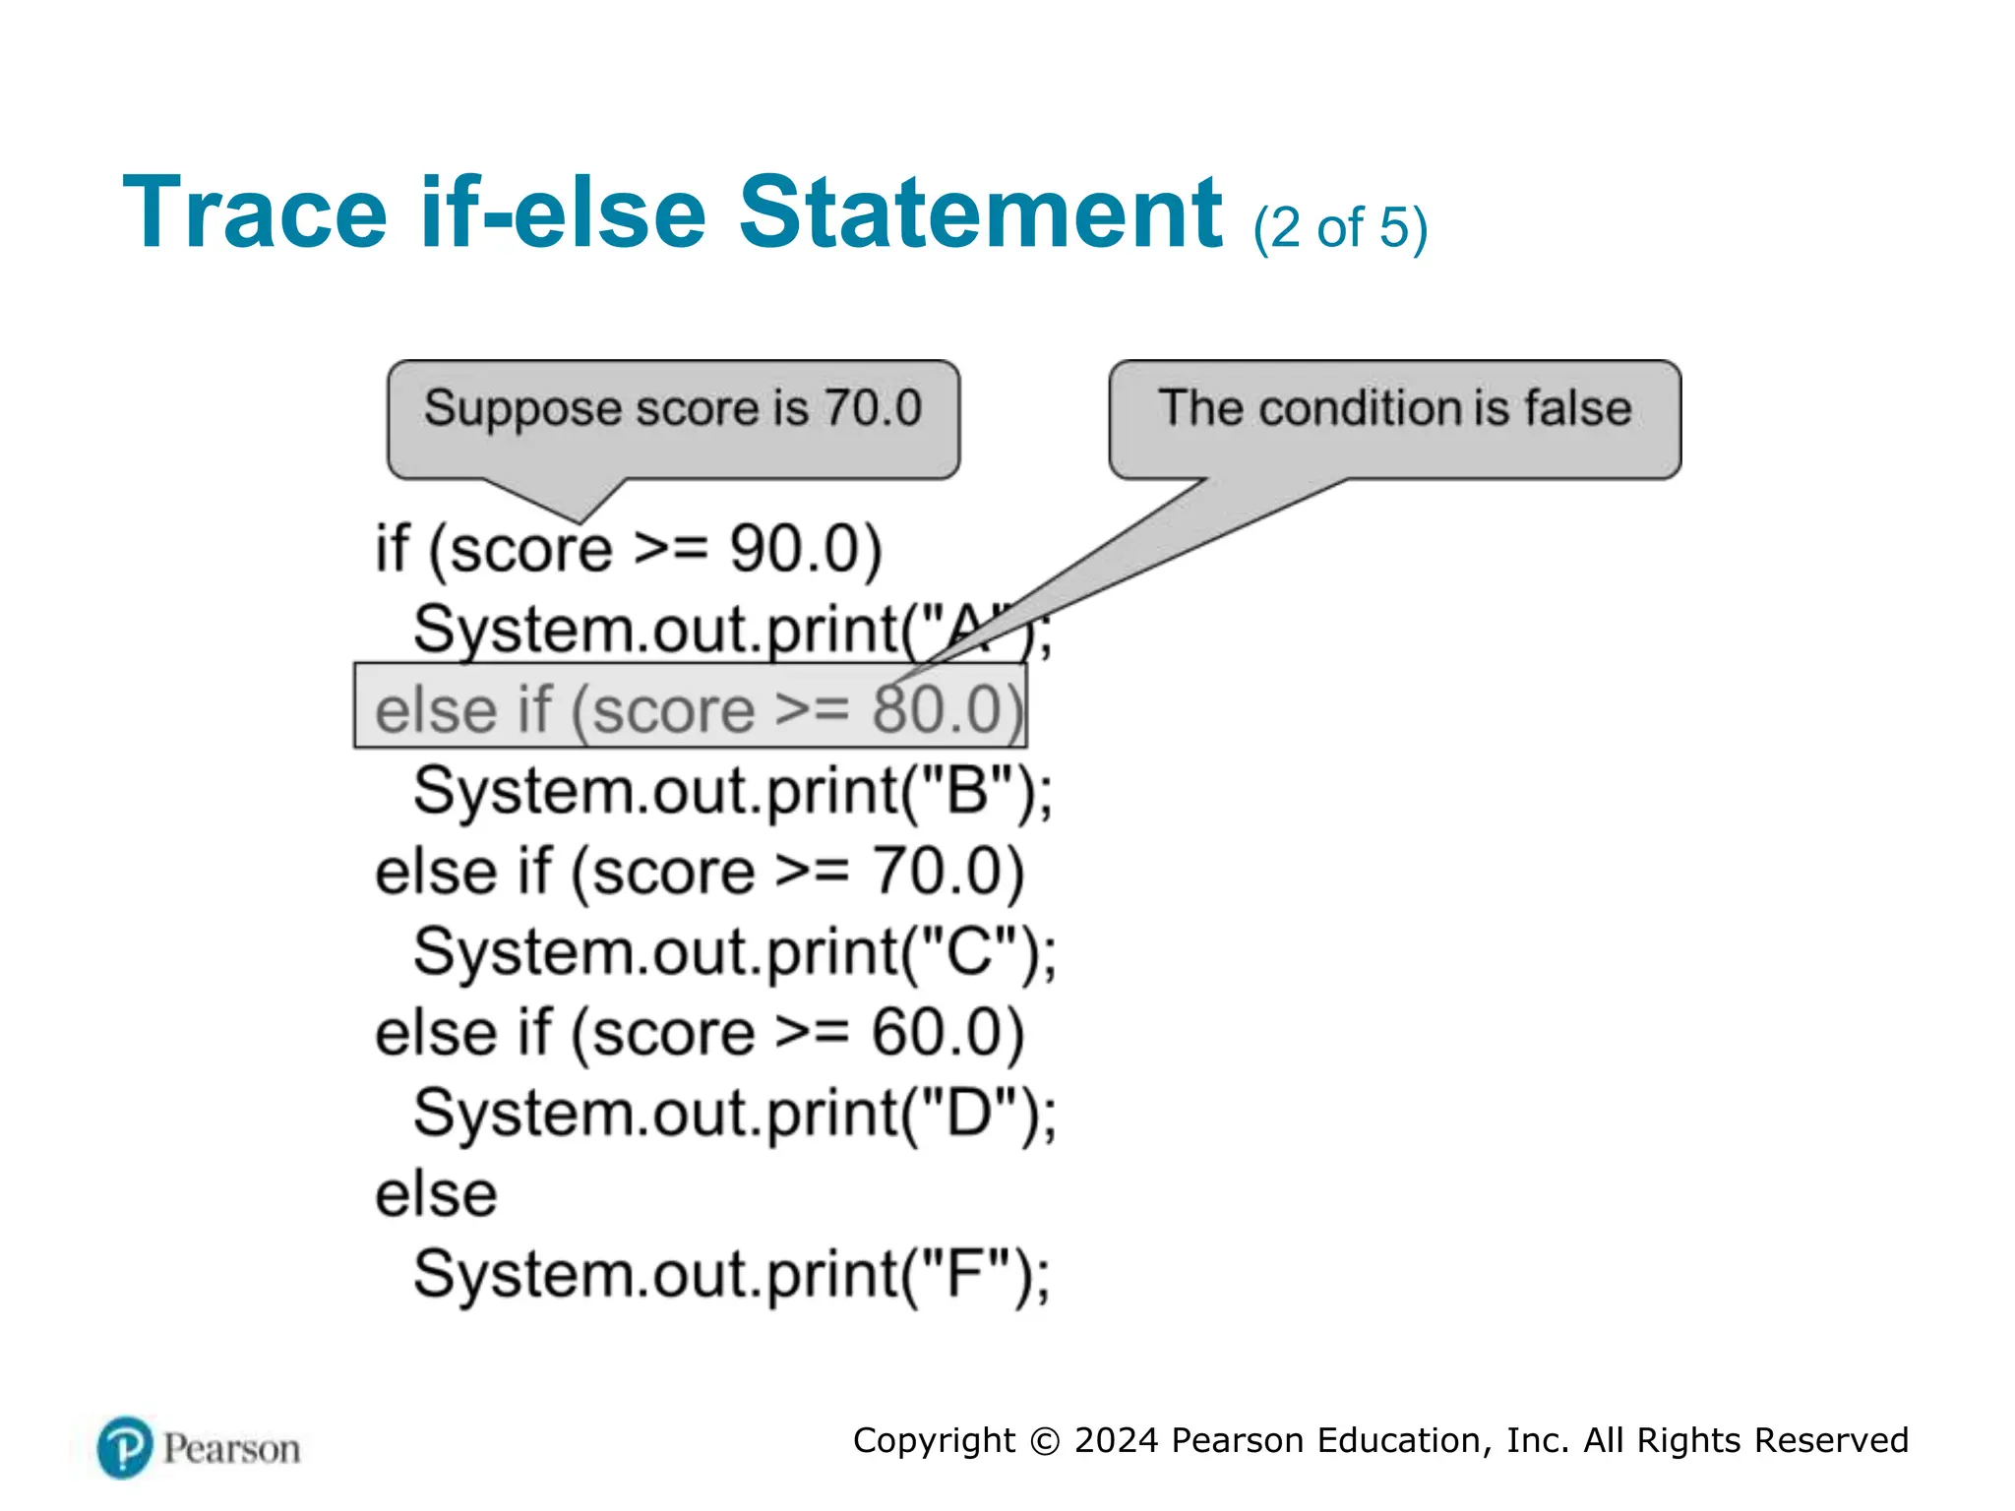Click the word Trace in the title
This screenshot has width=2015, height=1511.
coord(255,212)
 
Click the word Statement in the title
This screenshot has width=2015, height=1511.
coord(980,212)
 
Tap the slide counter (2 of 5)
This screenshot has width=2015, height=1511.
coord(1340,228)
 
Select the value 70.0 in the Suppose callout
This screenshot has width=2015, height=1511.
coord(873,408)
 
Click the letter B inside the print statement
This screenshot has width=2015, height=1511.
coord(966,791)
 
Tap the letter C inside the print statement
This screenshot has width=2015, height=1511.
coord(969,952)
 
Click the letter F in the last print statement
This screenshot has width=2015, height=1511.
coord(965,1275)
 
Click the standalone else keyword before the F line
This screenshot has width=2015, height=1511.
coord(436,1194)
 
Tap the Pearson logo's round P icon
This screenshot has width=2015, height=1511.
coord(125,1447)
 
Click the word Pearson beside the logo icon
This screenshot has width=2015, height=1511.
coord(232,1449)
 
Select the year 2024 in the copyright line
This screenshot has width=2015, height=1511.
coord(1117,1440)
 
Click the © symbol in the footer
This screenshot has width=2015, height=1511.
coord(1045,1441)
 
